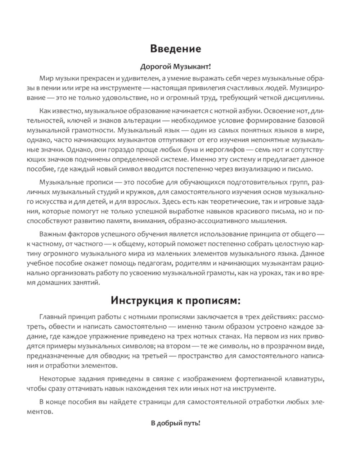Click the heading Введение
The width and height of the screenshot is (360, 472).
coord(175,49)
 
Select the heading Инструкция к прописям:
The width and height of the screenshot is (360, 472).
coord(175,300)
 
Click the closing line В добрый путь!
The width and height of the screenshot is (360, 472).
coord(175,423)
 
